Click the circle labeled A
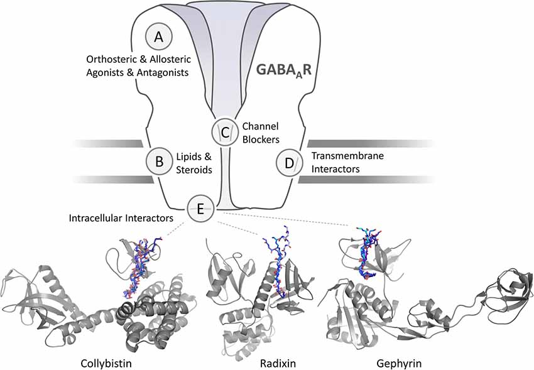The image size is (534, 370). click(158, 37)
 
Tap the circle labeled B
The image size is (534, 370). click(159, 161)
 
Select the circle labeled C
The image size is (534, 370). click(223, 131)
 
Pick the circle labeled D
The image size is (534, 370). click(289, 163)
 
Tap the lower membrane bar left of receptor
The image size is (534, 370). click(113, 180)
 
